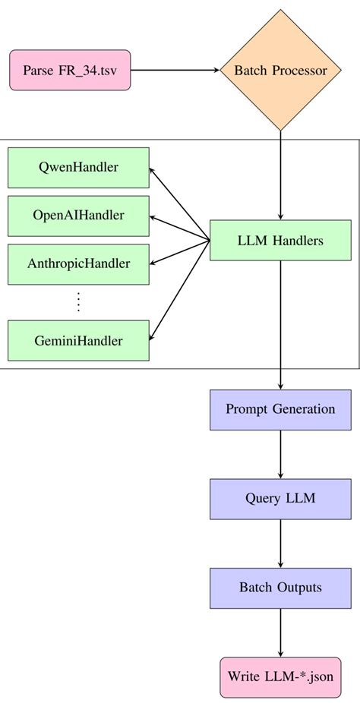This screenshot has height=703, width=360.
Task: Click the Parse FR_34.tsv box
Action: tap(70, 71)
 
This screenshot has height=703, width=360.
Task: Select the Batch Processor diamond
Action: tap(281, 71)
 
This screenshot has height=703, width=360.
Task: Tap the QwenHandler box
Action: tap(78, 167)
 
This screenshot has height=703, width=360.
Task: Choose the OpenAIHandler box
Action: tap(78, 216)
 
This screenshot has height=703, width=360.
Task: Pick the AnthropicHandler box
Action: tap(78, 264)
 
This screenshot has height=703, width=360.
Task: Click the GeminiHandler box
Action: tap(78, 341)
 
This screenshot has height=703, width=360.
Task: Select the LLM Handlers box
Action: tap(280, 241)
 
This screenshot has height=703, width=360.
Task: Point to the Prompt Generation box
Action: tap(280, 409)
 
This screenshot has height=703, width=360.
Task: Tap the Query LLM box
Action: tap(280, 499)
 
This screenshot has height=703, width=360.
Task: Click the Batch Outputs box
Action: tap(280, 588)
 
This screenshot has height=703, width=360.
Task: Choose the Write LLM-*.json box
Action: tap(280, 676)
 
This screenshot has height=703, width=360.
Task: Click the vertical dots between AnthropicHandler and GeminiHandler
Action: tap(78, 302)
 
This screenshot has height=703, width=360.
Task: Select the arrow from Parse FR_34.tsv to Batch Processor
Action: tap(174, 71)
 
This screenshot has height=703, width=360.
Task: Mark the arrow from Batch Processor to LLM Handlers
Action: tap(281, 175)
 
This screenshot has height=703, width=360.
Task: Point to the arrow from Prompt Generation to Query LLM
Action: tap(281, 454)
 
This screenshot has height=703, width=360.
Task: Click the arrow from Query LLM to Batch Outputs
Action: tap(281, 543)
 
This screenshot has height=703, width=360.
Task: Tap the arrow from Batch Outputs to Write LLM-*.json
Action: tap(281, 632)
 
